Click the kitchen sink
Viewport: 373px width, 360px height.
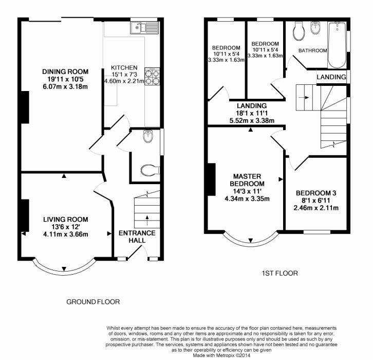(x=144, y=27)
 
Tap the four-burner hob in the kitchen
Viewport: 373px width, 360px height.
(x=152, y=77)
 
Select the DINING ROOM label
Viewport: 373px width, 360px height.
(x=65, y=71)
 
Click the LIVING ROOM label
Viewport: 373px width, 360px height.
(x=66, y=219)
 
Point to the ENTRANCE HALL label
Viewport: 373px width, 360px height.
(x=137, y=237)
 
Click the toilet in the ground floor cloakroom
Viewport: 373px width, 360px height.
(x=150, y=170)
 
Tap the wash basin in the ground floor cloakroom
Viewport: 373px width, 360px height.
(x=148, y=136)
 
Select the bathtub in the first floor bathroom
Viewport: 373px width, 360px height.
(x=337, y=45)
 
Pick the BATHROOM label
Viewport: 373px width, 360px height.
(x=312, y=50)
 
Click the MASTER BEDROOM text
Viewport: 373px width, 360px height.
(x=247, y=180)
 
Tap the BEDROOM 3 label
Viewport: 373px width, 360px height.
(x=316, y=193)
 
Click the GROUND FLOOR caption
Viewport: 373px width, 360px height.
(x=93, y=302)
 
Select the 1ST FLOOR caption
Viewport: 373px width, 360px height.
(x=279, y=273)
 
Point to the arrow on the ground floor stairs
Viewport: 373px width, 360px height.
(x=147, y=220)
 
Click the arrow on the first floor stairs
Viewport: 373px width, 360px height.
(x=304, y=97)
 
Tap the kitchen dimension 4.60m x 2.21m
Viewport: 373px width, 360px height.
(x=124, y=81)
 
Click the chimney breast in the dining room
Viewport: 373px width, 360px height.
(x=25, y=107)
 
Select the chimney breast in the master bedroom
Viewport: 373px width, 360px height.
(x=212, y=179)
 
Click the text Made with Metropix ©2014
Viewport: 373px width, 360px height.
(x=221, y=355)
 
